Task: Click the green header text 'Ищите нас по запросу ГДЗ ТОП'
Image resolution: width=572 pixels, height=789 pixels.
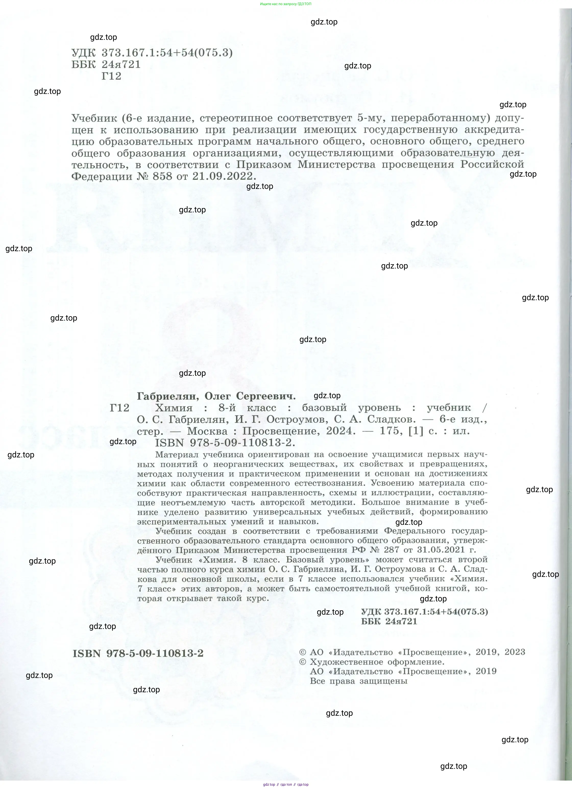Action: (x=286, y=4)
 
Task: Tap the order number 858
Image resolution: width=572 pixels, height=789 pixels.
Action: (x=163, y=176)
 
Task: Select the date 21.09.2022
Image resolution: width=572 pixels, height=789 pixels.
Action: (x=222, y=176)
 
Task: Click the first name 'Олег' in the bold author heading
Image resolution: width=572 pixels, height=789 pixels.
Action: (x=217, y=396)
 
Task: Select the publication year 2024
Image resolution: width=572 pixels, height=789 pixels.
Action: (x=341, y=431)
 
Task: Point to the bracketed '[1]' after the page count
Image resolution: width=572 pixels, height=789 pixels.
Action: (x=416, y=431)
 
